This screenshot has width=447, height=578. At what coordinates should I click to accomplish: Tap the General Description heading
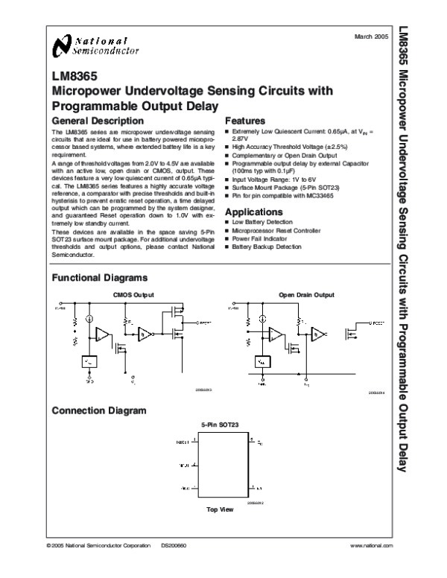[96, 121]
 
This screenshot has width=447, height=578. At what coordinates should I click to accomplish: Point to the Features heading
[245, 121]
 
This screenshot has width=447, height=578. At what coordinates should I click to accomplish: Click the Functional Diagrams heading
[98, 278]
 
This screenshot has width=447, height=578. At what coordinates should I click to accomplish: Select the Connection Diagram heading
[98, 410]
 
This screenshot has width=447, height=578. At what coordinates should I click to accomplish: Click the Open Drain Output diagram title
[307, 295]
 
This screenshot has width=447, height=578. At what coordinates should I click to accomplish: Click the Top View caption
[221, 509]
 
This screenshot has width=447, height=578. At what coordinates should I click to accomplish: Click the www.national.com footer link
[370, 547]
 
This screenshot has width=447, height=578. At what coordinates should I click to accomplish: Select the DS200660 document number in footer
[172, 547]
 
